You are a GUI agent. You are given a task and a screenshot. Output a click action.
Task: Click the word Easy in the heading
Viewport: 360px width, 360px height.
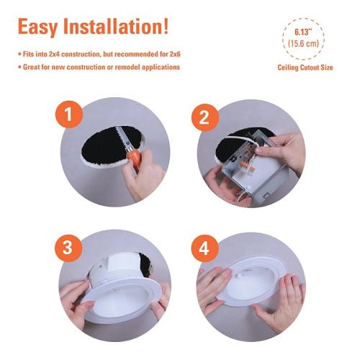[37, 27]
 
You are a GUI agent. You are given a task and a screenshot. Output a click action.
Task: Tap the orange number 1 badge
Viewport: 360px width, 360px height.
[69, 114]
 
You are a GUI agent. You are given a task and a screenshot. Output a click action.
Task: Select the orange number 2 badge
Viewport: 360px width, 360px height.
[205, 117]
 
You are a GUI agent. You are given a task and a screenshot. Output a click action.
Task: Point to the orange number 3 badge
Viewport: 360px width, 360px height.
[68, 248]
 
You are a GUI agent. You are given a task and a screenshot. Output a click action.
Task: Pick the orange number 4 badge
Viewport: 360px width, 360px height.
[204, 248]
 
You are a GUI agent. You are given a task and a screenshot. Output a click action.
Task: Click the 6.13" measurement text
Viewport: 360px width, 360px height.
[303, 32]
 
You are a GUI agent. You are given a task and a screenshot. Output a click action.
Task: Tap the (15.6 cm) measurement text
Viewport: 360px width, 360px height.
[303, 43]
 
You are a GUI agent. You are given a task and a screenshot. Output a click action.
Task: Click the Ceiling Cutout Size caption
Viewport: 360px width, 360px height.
[305, 68]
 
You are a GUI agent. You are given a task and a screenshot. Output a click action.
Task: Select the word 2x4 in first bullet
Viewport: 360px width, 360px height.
[54, 54]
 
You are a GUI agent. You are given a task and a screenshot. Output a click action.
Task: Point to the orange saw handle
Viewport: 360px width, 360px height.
[134, 159]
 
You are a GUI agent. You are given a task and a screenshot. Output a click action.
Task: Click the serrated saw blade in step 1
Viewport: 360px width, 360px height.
[123, 140]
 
